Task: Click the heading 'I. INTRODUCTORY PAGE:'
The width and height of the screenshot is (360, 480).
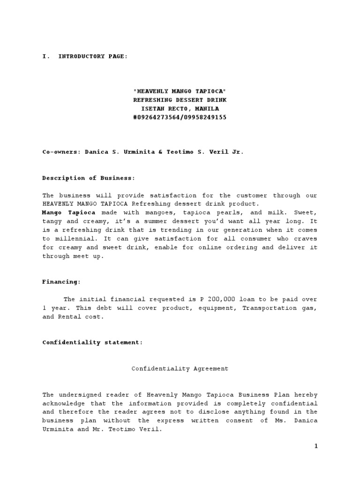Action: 84,57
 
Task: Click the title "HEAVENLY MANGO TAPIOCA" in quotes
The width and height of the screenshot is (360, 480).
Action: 180,91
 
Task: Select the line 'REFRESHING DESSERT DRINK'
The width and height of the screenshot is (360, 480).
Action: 180,100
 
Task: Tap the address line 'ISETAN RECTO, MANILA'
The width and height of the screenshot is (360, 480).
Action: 180,109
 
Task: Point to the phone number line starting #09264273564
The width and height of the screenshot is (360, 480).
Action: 180,118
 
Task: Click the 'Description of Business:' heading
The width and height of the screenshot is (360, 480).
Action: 89,178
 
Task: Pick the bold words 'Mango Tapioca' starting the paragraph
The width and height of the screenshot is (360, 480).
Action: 69,213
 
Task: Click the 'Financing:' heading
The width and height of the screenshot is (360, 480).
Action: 61,282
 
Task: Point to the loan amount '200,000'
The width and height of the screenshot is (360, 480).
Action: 218,300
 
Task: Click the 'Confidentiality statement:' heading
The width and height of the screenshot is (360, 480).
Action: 92,343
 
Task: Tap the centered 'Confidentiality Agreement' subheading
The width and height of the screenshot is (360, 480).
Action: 180,369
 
